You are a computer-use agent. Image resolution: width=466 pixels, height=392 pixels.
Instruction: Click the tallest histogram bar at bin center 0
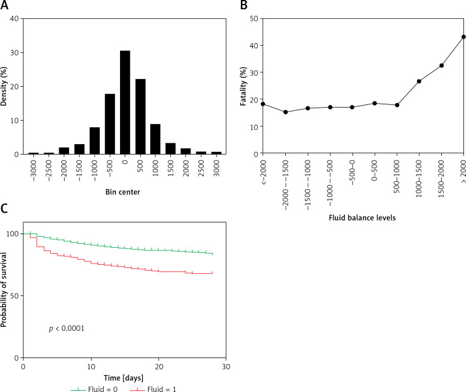click(124, 102)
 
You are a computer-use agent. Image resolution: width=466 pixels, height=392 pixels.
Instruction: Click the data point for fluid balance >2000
click(463, 37)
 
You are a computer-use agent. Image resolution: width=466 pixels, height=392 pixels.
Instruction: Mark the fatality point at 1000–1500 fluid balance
click(418, 82)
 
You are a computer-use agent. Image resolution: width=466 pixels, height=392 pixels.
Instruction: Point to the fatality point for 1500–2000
click(441, 65)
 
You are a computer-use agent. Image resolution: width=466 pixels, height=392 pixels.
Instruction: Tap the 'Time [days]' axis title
click(123, 378)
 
